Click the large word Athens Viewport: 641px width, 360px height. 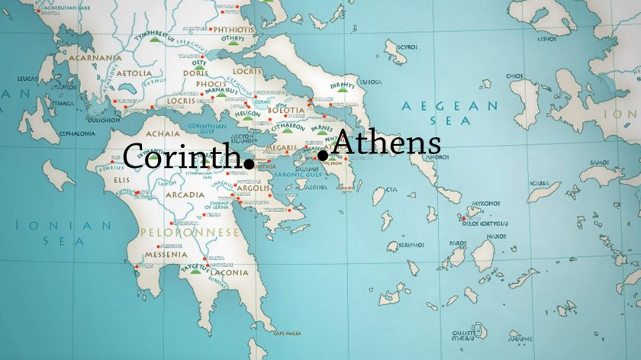[387, 143]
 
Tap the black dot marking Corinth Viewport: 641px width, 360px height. [249, 162]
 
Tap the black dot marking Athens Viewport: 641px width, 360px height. [323, 156]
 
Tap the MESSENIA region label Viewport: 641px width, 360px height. [160, 255]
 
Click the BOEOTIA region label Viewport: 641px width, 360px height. [286, 110]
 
